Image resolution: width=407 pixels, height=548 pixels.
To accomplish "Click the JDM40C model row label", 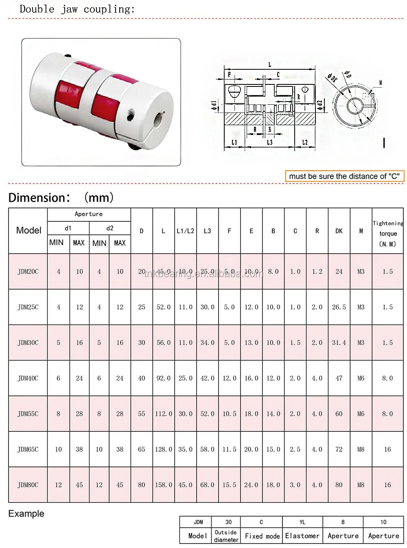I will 28,378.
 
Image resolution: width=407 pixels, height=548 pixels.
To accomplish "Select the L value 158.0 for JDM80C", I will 164,485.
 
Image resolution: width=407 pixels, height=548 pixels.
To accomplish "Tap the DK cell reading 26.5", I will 339,307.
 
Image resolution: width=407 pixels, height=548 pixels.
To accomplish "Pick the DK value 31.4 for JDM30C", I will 339,343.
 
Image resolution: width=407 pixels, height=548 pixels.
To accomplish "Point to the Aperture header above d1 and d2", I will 89,214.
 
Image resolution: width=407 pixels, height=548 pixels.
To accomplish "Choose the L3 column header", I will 208,231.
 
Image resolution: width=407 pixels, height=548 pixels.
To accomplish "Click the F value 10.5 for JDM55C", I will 230,414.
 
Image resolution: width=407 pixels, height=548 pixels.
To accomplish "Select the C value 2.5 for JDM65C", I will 295,449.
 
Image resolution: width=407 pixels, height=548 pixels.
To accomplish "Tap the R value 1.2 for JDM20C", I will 317,272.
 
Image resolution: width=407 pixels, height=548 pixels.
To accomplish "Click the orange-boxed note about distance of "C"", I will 344,176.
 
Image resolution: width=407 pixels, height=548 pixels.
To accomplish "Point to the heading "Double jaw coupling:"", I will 77,9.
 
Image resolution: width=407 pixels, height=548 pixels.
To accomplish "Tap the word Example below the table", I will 26,514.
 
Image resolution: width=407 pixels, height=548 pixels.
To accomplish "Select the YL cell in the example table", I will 302,522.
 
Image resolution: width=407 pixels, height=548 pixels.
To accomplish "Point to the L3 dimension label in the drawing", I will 270,142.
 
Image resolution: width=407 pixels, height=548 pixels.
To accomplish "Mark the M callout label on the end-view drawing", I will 381,83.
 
